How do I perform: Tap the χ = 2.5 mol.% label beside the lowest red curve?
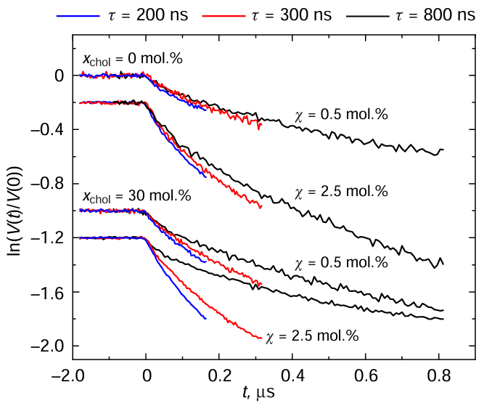click(x=313, y=336)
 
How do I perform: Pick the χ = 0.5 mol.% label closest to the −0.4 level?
click(x=341, y=115)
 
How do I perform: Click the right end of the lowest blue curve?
click(x=206, y=318)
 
